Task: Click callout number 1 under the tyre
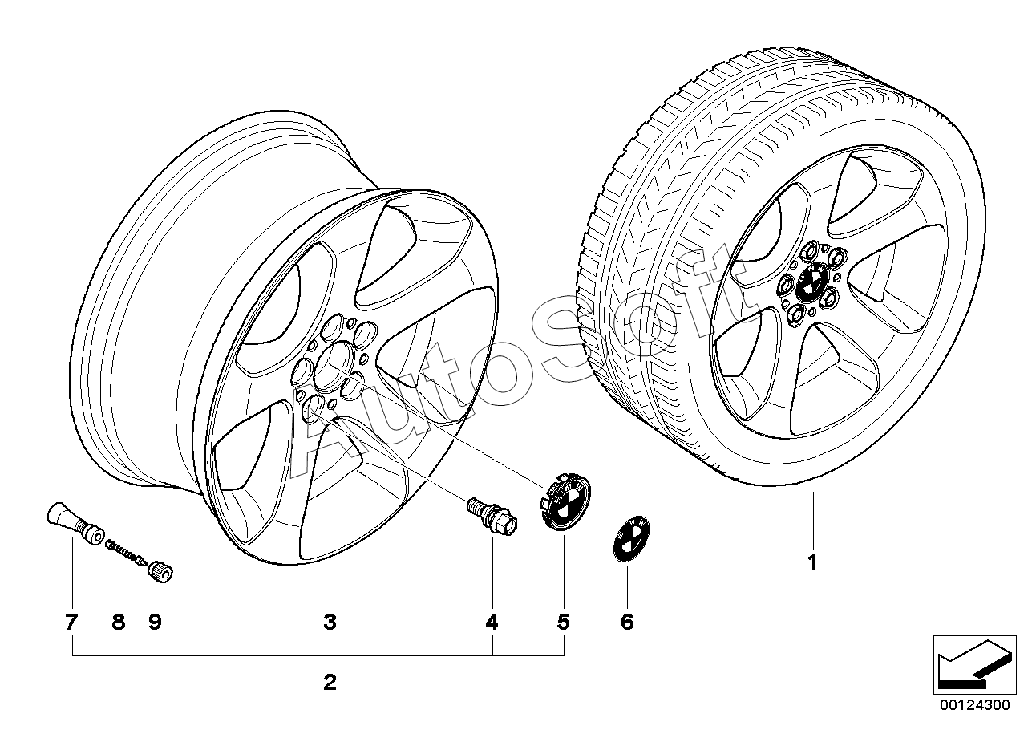tap(813, 562)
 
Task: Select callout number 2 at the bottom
tap(330, 682)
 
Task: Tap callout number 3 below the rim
tap(330, 623)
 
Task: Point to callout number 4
tap(492, 623)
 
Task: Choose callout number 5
tap(564, 623)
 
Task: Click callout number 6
tap(628, 623)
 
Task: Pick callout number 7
tap(71, 623)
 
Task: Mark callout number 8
tap(119, 623)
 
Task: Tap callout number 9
tap(155, 623)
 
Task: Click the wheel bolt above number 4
tap(492, 517)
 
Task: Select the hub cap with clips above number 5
tap(564, 501)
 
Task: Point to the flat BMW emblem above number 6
tap(630, 539)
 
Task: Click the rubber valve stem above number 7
tap(75, 524)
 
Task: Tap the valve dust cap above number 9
tap(160, 573)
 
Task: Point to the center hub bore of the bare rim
tap(335, 367)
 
